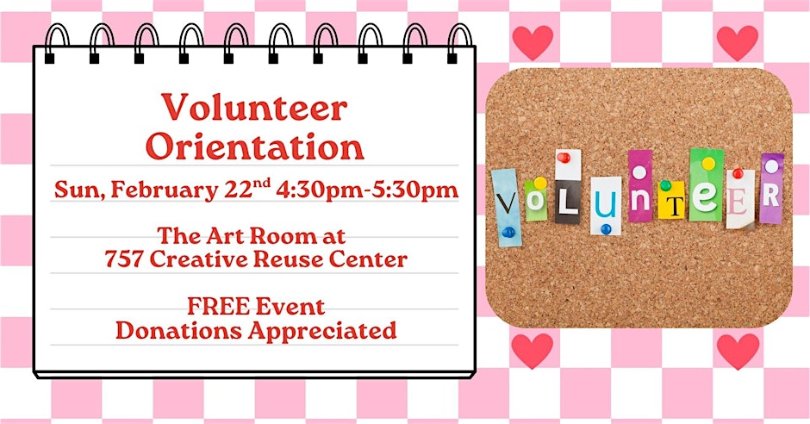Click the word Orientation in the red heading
coord(255,147)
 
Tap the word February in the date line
coord(164,190)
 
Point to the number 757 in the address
coord(123,259)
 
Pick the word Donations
coord(178,331)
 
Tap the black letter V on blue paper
coord(507,204)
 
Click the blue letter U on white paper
coord(606,205)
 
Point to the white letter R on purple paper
coord(770,196)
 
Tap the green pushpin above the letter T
coord(666,185)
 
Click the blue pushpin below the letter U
coord(606,228)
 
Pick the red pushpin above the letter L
coord(564,158)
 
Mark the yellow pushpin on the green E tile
coord(708,163)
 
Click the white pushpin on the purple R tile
coord(772,166)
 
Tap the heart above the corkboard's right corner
coord(737,42)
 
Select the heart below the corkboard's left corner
coord(532,350)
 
